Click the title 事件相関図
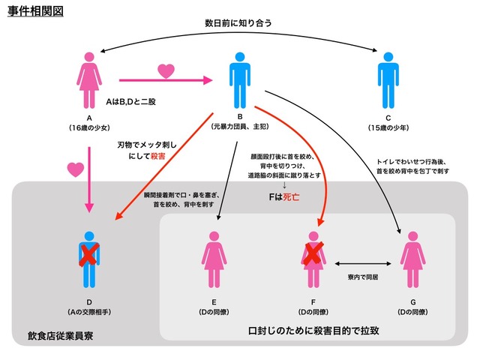37,13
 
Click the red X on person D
88,255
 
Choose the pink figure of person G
412,258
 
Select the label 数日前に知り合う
238,23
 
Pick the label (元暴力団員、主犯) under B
239,127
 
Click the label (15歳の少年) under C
388,127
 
